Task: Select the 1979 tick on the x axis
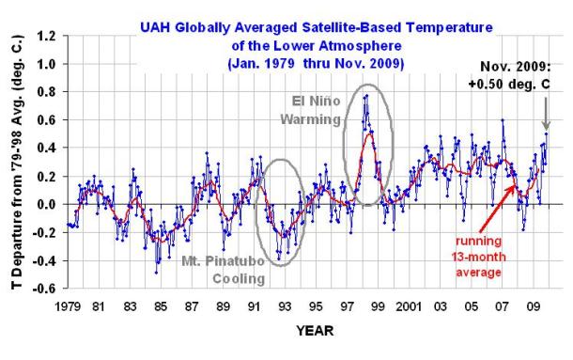[x=68, y=306]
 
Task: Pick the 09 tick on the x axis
[x=534, y=306]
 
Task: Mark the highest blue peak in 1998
[x=366, y=96]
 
